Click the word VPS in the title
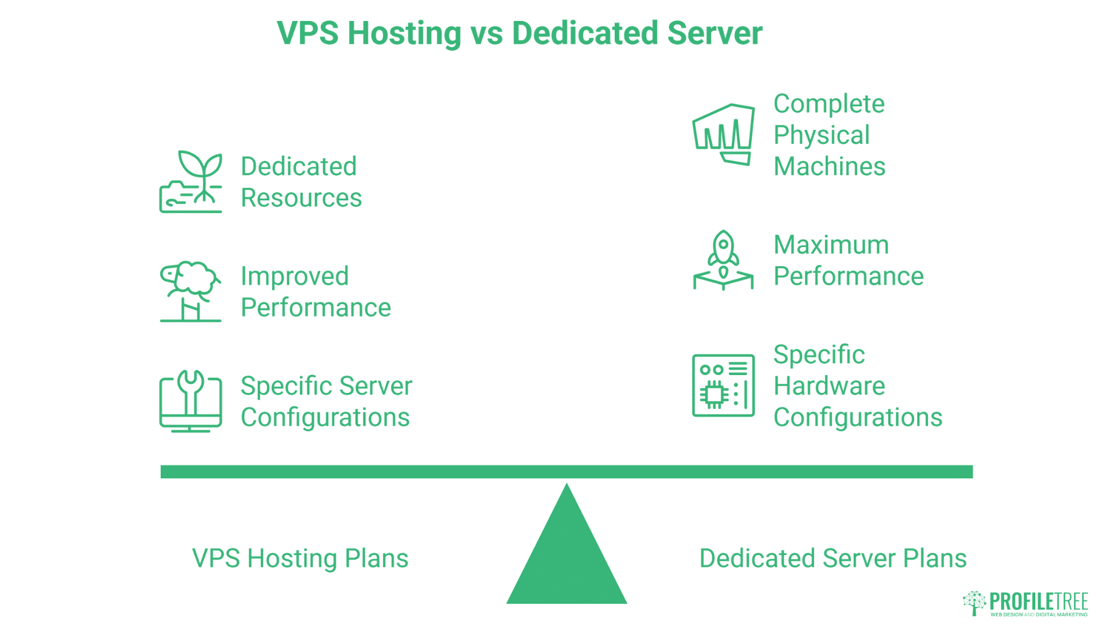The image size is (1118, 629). click(307, 33)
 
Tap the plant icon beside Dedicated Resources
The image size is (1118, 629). click(191, 182)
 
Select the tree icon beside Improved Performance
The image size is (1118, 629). click(191, 291)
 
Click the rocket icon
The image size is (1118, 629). click(723, 260)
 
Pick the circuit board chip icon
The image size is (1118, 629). click(723, 386)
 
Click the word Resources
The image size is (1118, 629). click(301, 198)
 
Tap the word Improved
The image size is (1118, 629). click(295, 276)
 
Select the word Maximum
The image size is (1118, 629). click(831, 245)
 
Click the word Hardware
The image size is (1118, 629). click(829, 386)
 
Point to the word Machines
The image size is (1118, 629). click(829, 167)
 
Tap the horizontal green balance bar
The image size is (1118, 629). click(567, 472)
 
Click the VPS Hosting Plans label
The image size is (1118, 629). click(300, 558)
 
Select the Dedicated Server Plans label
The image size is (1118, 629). click(833, 558)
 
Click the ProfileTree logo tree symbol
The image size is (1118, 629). click(974, 603)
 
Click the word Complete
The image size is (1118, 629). click(829, 104)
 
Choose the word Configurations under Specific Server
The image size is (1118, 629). click(325, 418)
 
